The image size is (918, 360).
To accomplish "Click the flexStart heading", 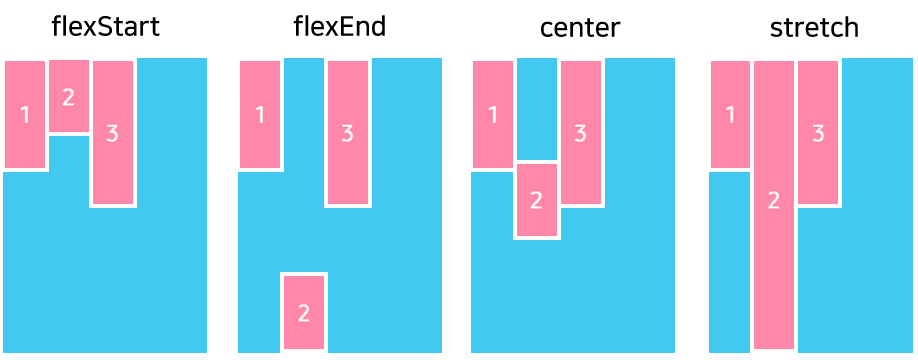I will click(105, 27).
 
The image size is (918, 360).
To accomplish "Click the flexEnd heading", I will click(339, 27).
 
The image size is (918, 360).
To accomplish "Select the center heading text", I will click(579, 27).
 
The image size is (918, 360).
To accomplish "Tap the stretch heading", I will click(814, 27).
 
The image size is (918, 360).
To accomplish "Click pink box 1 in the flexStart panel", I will click(25, 114).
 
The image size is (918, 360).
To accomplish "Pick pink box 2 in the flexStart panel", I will click(68, 96).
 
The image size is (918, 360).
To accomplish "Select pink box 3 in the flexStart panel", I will click(112, 132).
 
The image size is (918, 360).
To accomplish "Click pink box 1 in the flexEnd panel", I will click(260, 114).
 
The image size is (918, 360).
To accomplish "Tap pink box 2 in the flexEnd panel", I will click(304, 312).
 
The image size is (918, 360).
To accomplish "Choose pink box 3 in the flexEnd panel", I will click(347, 132).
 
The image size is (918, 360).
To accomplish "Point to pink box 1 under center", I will click(492, 114).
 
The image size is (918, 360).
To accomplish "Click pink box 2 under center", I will click(536, 200).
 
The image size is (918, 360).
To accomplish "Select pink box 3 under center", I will click(580, 132).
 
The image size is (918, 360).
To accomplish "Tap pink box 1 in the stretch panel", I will click(730, 114).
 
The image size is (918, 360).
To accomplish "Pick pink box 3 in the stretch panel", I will click(817, 132).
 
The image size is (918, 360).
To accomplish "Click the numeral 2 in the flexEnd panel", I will click(304, 313).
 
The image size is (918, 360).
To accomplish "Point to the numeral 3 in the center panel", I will click(580, 133).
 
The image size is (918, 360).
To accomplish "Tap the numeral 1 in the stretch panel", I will click(730, 115).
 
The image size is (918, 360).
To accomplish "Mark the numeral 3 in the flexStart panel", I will click(112, 133).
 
